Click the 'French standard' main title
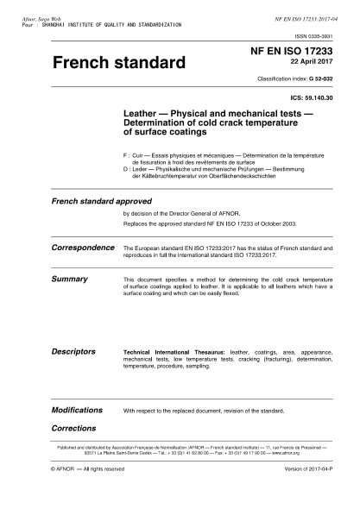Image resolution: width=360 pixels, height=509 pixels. (x=119, y=64)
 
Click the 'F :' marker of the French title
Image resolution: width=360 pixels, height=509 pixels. (x=129, y=154)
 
